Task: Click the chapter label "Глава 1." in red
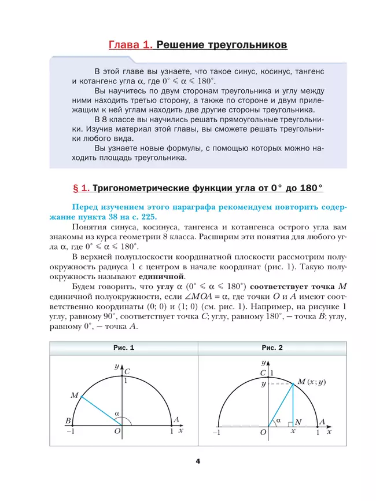pos(130,45)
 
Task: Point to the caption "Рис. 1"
pos(123,348)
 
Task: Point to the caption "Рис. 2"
pos(272,348)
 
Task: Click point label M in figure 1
pos(74,394)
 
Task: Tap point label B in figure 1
pos(68,420)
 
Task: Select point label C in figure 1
pos(127,371)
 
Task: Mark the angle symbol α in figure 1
pos(117,414)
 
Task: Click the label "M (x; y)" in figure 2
pos(311,382)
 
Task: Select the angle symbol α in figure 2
pos(278,420)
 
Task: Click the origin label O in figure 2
pos(263,432)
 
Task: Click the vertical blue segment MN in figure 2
pos(293,405)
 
